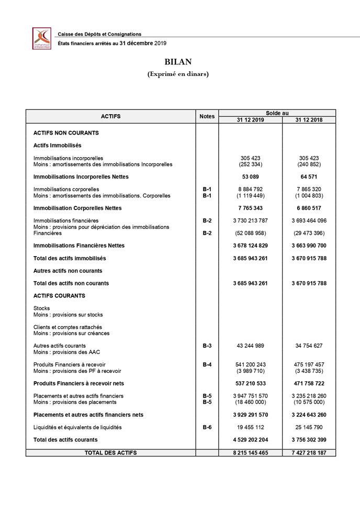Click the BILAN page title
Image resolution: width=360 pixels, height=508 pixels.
pos(178,62)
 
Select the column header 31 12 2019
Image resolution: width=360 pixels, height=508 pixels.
pos(250,120)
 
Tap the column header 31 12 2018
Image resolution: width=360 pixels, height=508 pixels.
pos(309,120)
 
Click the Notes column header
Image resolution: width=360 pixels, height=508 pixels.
pos(207,116)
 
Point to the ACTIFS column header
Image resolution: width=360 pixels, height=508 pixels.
pos(110,116)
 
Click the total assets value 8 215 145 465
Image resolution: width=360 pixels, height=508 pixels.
pos(250,452)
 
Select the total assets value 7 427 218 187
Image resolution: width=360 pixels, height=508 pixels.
pos(309,452)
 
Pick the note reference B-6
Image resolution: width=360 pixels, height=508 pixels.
pos(207,427)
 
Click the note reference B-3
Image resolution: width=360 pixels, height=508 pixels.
pos(207,346)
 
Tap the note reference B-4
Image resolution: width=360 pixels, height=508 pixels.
pos(207,365)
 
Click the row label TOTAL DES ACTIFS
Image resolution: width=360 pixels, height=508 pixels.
pos(110,452)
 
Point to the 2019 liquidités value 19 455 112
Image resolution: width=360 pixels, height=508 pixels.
pos(250,427)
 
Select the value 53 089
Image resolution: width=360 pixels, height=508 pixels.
pos(250,177)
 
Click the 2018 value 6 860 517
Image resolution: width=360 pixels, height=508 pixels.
pos(309,208)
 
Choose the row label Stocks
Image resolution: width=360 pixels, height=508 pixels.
pos(41,308)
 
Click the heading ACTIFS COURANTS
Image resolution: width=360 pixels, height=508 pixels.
pos(59,296)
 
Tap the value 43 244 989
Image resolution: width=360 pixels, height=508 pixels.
pos(250,346)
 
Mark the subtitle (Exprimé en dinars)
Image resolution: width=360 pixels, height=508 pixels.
pos(178,74)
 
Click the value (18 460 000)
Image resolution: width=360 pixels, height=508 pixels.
pos(250,402)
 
